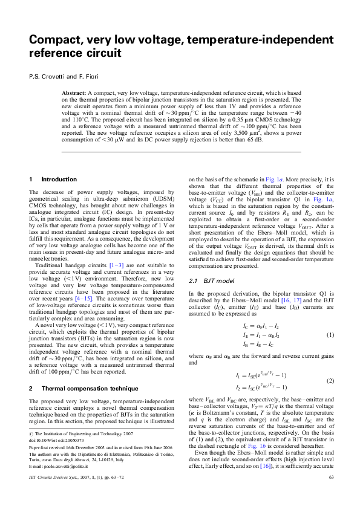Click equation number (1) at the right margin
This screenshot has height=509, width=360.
pyautogui.click(x=330, y=334)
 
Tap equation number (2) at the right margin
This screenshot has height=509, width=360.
pyautogui.click(x=330, y=381)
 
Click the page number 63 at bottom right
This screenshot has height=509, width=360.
pyautogui.click(x=331, y=494)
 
